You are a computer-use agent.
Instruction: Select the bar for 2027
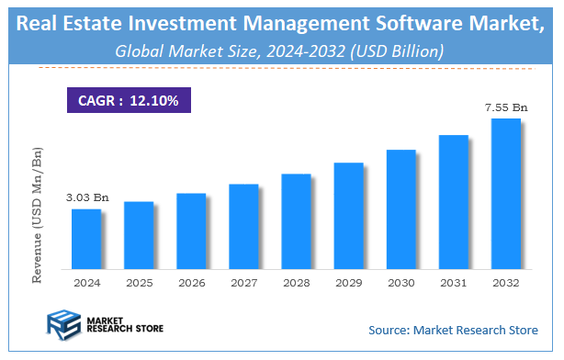click(243, 226)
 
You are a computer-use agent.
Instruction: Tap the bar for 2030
click(400, 208)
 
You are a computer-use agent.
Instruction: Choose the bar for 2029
click(348, 216)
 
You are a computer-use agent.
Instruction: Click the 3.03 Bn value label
click(87, 197)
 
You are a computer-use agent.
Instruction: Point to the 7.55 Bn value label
click(506, 108)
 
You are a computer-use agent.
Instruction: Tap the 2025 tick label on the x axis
click(139, 283)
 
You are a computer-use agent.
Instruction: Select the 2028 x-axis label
click(296, 283)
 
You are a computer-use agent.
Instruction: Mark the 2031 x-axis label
click(453, 283)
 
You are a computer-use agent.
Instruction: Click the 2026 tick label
click(191, 283)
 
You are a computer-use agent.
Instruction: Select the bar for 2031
click(453, 202)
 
